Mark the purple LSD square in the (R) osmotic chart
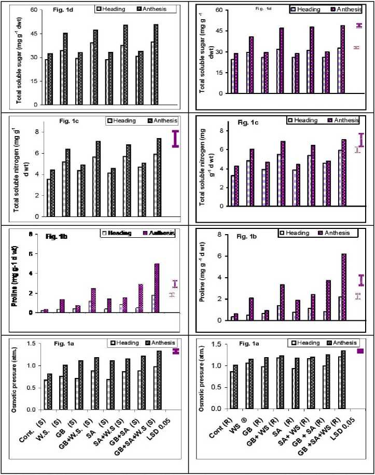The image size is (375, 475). tap(360, 351)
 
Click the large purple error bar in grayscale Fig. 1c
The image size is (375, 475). tap(175, 139)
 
